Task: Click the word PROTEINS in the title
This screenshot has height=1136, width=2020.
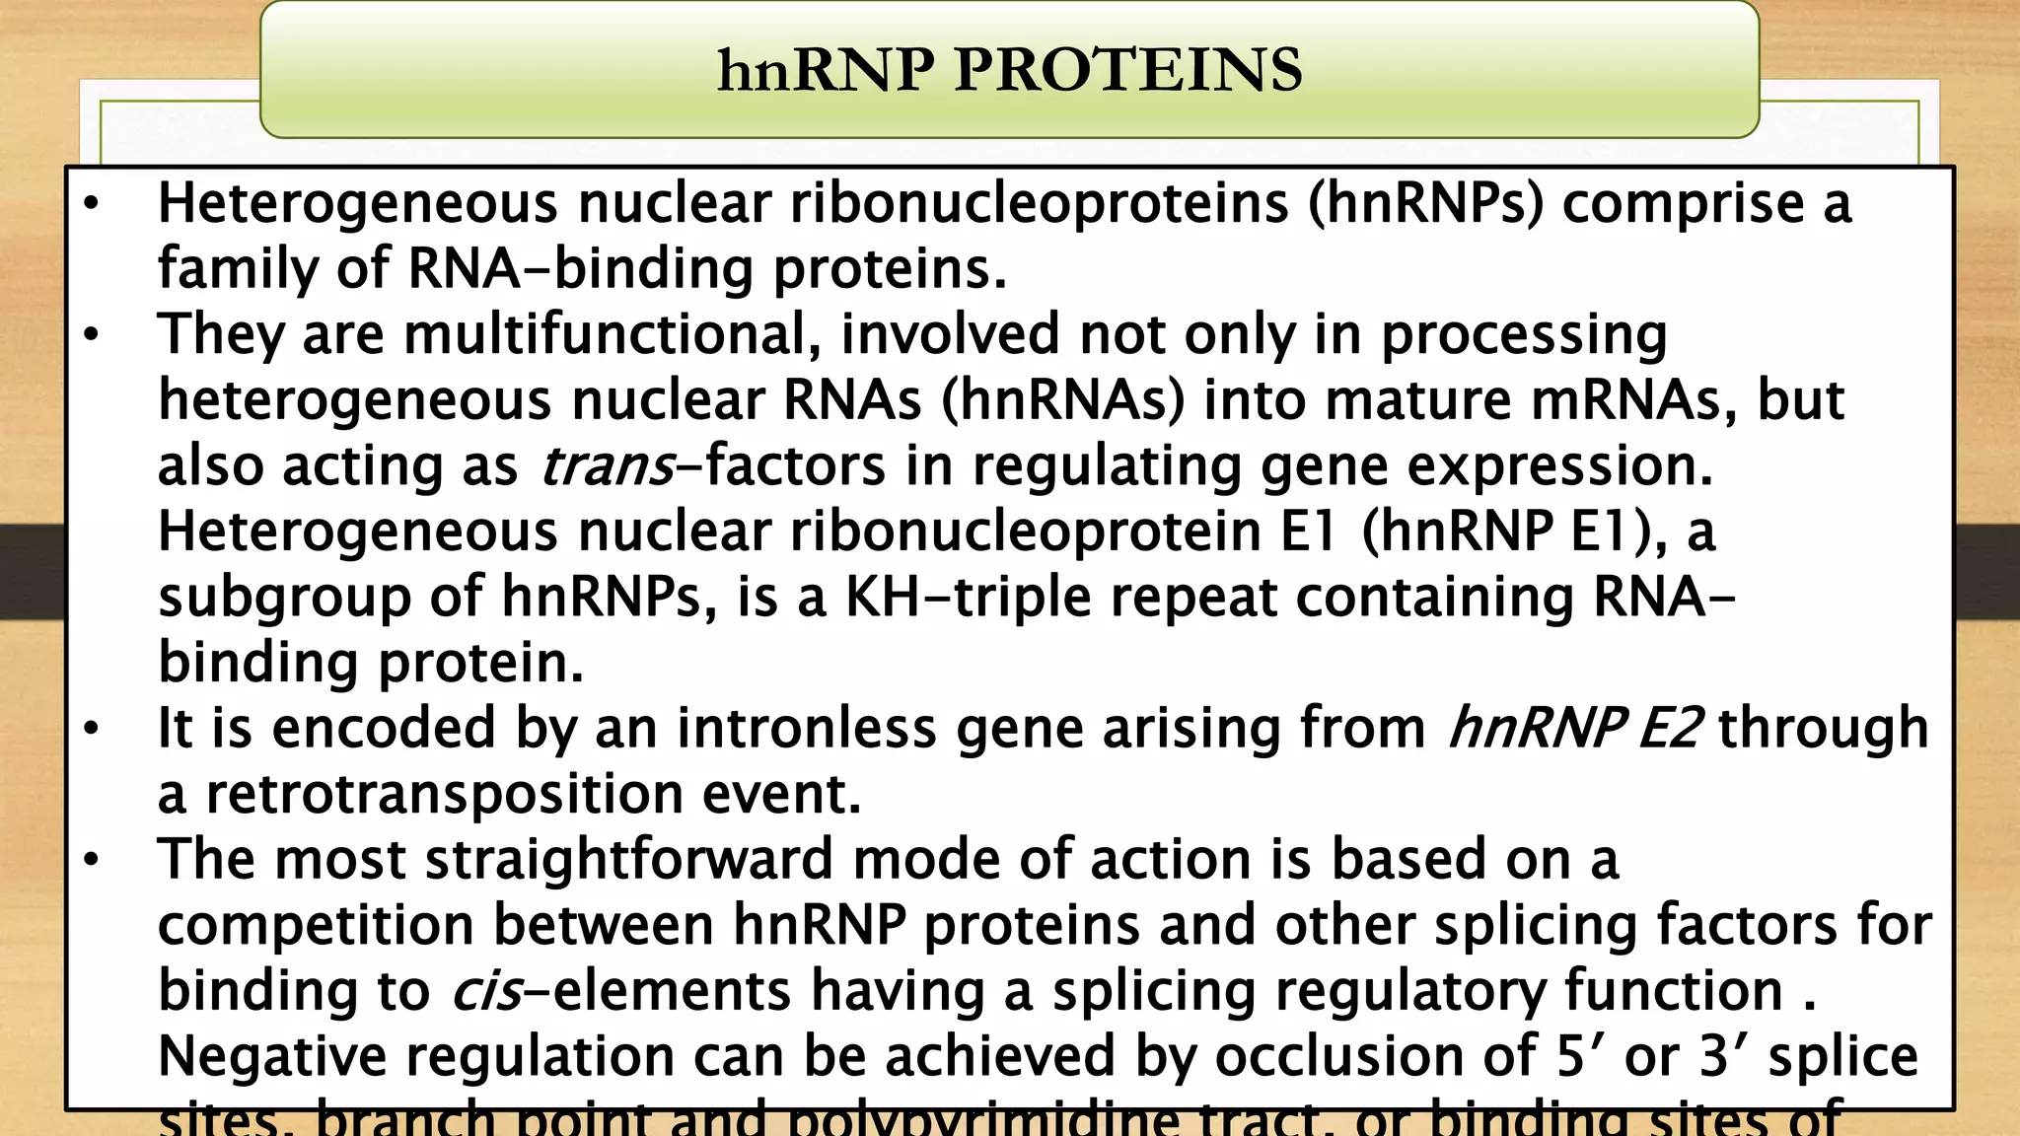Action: coord(1127,71)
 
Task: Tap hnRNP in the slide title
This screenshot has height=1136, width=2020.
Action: coord(825,71)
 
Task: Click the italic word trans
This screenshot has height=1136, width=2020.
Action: coord(607,466)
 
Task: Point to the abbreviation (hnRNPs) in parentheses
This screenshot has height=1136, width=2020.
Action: coord(1425,204)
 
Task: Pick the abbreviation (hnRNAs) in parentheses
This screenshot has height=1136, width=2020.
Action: coord(1062,400)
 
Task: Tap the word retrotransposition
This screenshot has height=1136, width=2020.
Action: coord(444,794)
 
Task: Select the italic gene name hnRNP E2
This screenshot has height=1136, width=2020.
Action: coord(1574,729)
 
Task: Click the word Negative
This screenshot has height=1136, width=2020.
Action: coord(272,1056)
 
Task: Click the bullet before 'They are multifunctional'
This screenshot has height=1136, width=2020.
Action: coord(92,335)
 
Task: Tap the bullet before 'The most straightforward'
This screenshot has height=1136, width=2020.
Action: coord(92,860)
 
